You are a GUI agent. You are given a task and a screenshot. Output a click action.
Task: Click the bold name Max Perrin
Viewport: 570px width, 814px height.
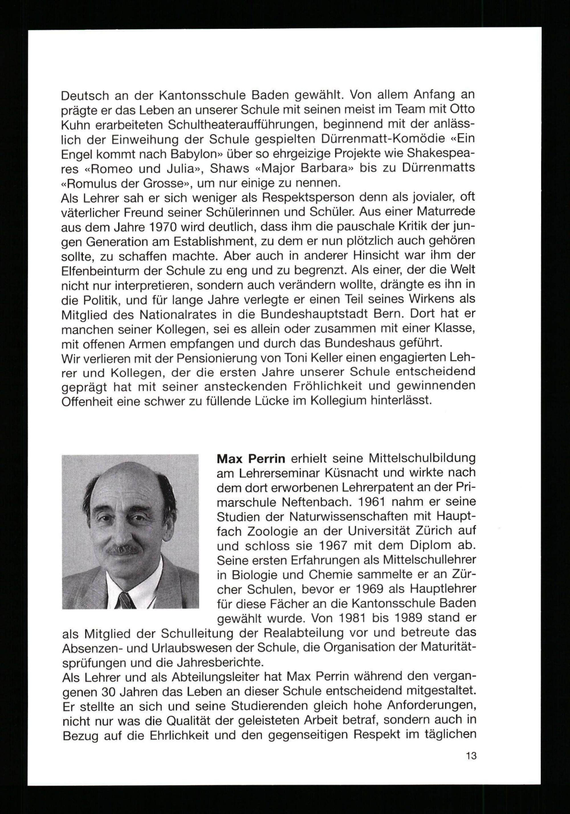[251, 459]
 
